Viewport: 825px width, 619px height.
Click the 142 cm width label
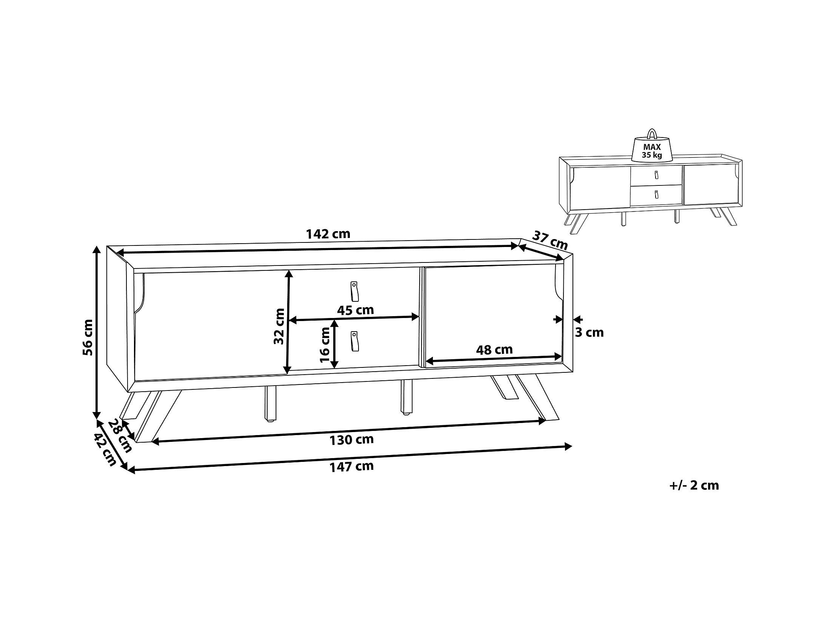click(x=328, y=234)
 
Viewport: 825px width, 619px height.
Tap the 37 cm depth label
click(x=550, y=240)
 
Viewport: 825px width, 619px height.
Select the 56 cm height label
click(x=88, y=337)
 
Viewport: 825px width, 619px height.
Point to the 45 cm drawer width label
click(x=355, y=310)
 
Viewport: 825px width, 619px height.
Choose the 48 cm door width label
click(x=494, y=350)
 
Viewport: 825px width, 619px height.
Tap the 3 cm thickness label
click(x=589, y=332)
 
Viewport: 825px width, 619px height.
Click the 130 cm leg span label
click(x=351, y=440)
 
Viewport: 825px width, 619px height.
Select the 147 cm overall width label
click(x=351, y=466)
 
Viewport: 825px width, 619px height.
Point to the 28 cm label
click(x=120, y=436)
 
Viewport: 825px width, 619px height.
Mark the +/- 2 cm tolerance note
click(x=694, y=485)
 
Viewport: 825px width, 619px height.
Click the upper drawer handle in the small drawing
click(x=656, y=175)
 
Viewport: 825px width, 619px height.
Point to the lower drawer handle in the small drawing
click(x=656, y=194)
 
